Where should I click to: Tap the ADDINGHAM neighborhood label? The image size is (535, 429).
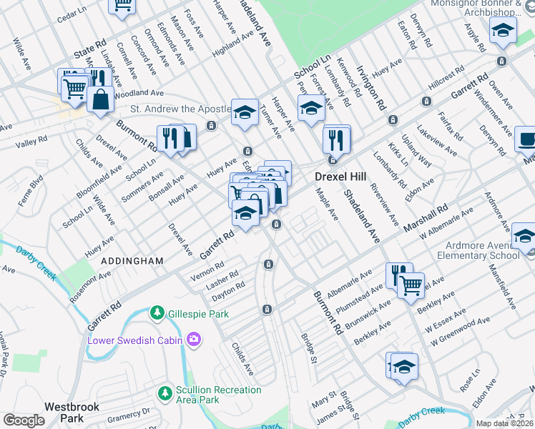(132, 262)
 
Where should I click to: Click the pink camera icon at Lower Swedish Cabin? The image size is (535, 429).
(192, 340)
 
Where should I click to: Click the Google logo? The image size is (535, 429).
(24, 420)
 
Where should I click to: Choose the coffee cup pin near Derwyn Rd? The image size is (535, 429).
(527, 140)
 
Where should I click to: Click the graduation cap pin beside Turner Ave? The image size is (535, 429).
(245, 112)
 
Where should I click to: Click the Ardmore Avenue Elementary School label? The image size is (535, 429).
(485, 250)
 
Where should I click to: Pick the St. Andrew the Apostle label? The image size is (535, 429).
(180, 109)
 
